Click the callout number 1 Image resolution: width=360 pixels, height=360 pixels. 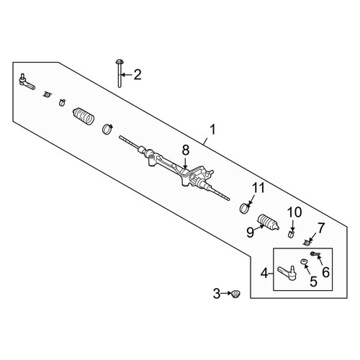pos(213,130)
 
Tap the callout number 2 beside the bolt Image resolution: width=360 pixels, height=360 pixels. pos(138,75)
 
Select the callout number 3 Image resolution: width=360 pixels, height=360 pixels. pos(217,294)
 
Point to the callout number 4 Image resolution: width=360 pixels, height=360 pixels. pos(264,274)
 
